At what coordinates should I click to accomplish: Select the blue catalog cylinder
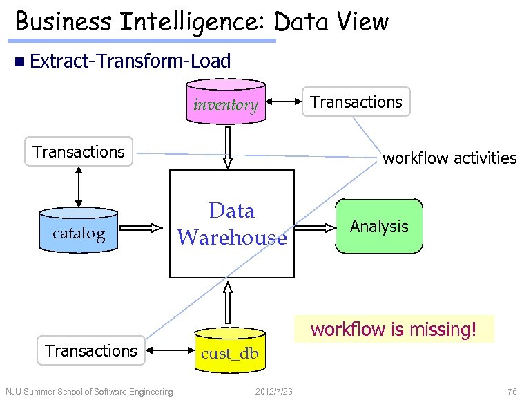point(79,234)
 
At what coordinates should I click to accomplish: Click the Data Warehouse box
point(232,223)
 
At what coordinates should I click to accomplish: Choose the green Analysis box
point(379,226)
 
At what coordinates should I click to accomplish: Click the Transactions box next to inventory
point(356,102)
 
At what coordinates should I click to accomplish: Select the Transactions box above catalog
point(79,151)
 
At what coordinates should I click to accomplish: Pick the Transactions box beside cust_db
point(91,351)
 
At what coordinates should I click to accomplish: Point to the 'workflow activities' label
point(449,158)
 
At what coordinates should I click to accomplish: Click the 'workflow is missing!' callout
point(394,329)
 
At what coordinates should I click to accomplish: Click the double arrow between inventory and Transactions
point(285,103)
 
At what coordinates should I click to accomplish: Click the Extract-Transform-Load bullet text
point(130,61)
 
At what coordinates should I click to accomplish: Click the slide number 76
point(510,392)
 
